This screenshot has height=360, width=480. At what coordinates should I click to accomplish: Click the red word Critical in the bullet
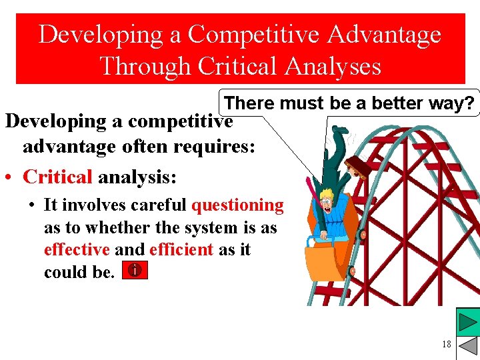coord(57,177)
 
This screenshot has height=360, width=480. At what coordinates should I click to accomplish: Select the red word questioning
coord(237,205)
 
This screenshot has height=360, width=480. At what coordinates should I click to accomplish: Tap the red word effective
coord(77,249)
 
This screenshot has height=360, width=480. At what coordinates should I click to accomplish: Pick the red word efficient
coord(181,249)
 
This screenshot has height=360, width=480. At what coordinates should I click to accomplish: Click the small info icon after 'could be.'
coord(135,271)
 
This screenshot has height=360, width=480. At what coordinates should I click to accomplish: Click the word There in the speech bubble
coord(249,103)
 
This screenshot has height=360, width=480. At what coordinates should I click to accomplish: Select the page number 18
coord(446,344)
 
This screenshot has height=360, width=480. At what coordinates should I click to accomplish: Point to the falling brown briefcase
coord(361,167)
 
